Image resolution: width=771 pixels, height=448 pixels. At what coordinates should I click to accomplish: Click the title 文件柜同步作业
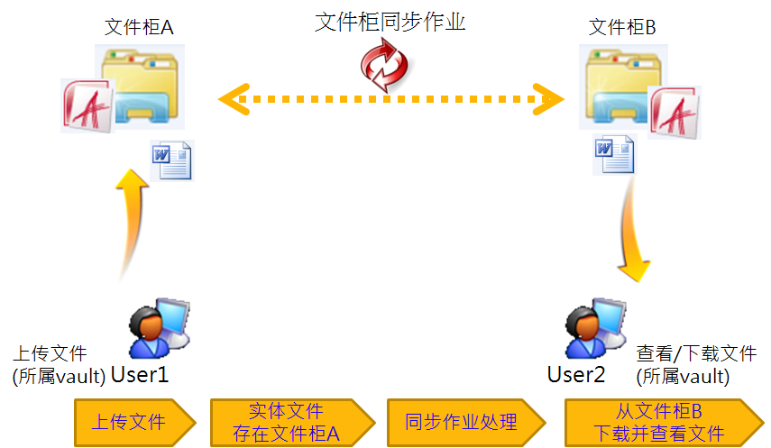[390, 23]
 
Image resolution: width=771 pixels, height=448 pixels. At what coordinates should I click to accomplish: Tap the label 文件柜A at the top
[139, 28]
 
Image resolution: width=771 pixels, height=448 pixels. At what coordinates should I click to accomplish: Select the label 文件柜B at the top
[622, 28]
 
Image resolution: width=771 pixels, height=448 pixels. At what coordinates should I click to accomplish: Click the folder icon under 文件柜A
[140, 87]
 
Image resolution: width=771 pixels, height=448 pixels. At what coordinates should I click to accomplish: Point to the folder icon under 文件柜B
[623, 87]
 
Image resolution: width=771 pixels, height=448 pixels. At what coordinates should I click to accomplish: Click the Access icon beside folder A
[87, 105]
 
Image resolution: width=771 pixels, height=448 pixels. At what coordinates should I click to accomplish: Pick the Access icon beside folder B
[675, 113]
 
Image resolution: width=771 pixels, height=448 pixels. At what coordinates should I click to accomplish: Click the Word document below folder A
[172, 160]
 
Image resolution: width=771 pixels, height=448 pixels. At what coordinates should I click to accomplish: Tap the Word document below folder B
[615, 154]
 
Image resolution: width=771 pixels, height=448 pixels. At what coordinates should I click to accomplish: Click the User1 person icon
[160, 327]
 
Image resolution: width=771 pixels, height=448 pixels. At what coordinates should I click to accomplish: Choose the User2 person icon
[596, 327]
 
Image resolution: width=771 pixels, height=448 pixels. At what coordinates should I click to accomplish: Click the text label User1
[140, 375]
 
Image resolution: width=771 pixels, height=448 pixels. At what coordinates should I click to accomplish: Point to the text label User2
[576, 375]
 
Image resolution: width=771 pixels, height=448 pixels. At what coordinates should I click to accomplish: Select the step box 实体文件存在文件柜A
[292, 423]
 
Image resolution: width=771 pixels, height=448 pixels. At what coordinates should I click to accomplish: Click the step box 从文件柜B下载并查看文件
[664, 423]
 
